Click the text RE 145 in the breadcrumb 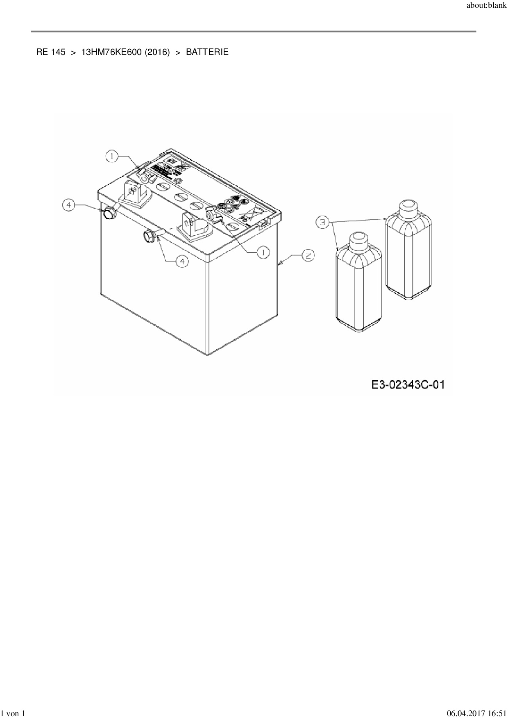tap(50, 52)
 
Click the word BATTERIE tap(207, 52)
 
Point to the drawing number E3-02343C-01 tap(408, 385)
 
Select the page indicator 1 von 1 tap(14, 714)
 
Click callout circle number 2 tap(308, 255)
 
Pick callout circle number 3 tap(323, 222)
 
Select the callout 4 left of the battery tap(69, 205)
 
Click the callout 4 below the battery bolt tap(182, 261)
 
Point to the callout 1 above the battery tap(112, 156)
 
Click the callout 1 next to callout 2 tap(263, 252)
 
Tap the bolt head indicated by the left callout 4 tap(109, 213)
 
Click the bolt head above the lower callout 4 tap(149, 236)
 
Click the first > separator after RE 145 tap(73, 52)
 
